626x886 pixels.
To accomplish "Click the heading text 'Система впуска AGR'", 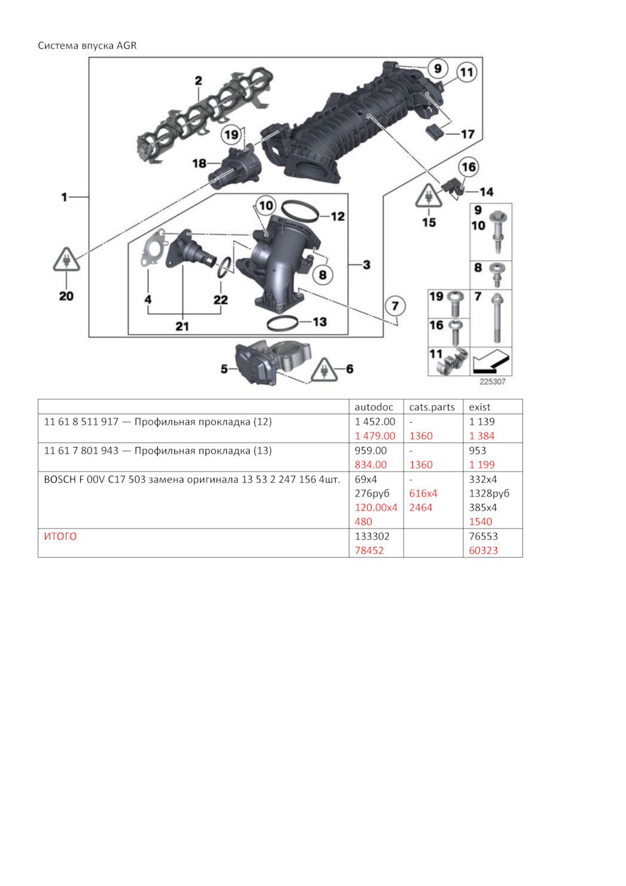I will click(x=87, y=46).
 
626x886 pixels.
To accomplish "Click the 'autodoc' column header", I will click(x=374, y=407).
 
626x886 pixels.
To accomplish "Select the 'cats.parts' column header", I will click(x=432, y=407).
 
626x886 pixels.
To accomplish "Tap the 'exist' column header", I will click(x=479, y=407).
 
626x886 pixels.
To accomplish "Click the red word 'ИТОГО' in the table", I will click(x=60, y=536).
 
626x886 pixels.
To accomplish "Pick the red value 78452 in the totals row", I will click(x=369, y=551).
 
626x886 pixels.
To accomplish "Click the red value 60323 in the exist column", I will click(x=483, y=551).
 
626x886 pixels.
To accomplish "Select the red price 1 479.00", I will click(x=375, y=436).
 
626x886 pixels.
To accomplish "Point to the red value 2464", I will click(x=421, y=508).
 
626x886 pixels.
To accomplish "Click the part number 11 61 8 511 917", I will click(x=81, y=422).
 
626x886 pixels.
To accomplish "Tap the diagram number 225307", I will click(x=492, y=382).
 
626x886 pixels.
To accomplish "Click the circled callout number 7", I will click(x=395, y=306).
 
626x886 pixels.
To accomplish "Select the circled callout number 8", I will click(x=322, y=275).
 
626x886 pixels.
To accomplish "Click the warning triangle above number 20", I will click(x=67, y=260).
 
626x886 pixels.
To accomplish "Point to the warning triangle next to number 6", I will click(x=323, y=370).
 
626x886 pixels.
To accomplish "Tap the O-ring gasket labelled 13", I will click(x=282, y=322).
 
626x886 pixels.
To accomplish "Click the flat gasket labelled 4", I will click(x=155, y=249).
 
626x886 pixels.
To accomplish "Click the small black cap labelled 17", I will click(x=435, y=133).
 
